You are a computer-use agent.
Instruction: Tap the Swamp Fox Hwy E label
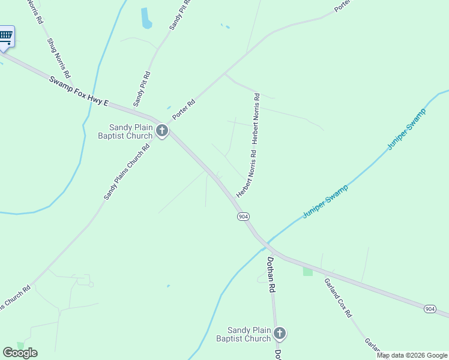pos(78,91)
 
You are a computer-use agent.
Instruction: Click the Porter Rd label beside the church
pos(184,108)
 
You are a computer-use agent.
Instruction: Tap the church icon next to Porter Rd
pos(161,131)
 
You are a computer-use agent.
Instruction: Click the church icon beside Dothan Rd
pos(279,334)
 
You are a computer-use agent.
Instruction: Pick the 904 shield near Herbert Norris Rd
pos(243,216)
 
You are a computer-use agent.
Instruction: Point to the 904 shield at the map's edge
pos(429,308)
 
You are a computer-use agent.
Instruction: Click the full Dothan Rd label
pos(271,275)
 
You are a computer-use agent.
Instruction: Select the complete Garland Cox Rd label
pos(338,298)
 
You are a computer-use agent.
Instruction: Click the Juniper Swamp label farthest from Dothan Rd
pos(406,129)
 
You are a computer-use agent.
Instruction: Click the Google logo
pos(20,353)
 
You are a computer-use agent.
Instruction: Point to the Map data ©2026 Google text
pos(412,355)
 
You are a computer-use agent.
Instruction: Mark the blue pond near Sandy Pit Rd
pos(146,18)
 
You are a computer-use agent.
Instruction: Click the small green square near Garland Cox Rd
pos(308,271)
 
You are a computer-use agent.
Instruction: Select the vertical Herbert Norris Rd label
pos(256,118)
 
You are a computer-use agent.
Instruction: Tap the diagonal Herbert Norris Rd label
pos(246,175)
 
